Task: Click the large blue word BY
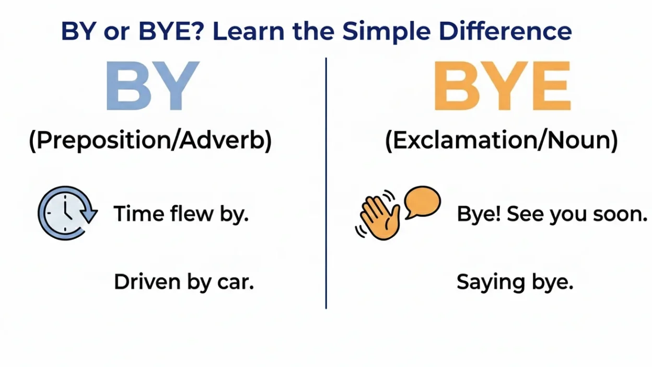click(152, 86)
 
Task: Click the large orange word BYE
click(502, 87)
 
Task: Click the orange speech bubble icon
click(422, 202)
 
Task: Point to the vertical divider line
click(326, 183)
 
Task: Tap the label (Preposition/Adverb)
click(150, 141)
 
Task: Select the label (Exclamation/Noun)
click(502, 141)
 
